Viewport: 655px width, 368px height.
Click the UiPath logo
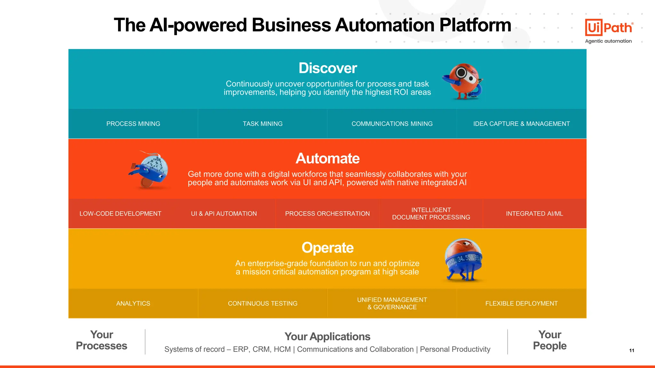[609, 28]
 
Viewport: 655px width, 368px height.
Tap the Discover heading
[327, 68]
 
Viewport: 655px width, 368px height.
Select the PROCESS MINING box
[133, 124]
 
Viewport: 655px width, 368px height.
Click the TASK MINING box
[263, 124]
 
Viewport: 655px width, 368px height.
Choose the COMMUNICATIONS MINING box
[392, 124]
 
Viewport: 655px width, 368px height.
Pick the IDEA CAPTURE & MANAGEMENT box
[521, 124]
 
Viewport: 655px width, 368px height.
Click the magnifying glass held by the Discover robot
[462, 73]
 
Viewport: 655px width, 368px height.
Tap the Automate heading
[327, 158]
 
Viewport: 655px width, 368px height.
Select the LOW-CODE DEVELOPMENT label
[120, 214]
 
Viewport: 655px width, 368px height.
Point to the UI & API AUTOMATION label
[224, 214]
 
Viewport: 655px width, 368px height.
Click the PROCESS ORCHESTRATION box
[327, 214]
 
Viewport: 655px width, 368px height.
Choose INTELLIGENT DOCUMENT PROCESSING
[431, 214]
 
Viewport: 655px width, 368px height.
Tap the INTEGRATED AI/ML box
[534, 214]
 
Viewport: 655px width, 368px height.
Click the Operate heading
[327, 248]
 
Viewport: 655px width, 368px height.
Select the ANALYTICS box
[133, 303]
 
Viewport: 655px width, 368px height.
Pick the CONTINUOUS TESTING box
[263, 303]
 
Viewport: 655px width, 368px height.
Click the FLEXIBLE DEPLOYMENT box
[521, 303]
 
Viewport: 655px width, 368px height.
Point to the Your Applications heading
[327, 337]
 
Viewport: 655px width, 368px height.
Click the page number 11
[632, 350]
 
